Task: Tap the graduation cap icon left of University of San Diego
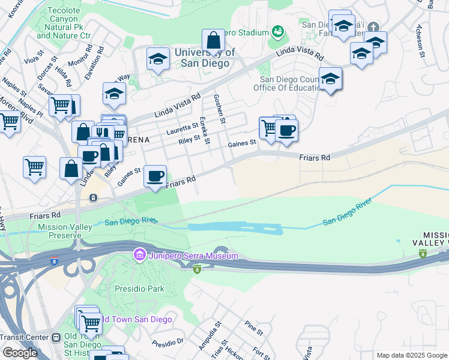point(158,59)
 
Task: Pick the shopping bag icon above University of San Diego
point(213,41)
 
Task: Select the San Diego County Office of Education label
point(291,83)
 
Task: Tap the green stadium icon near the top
point(277,31)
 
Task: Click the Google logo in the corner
point(20,353)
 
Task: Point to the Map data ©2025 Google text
point(411,355)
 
